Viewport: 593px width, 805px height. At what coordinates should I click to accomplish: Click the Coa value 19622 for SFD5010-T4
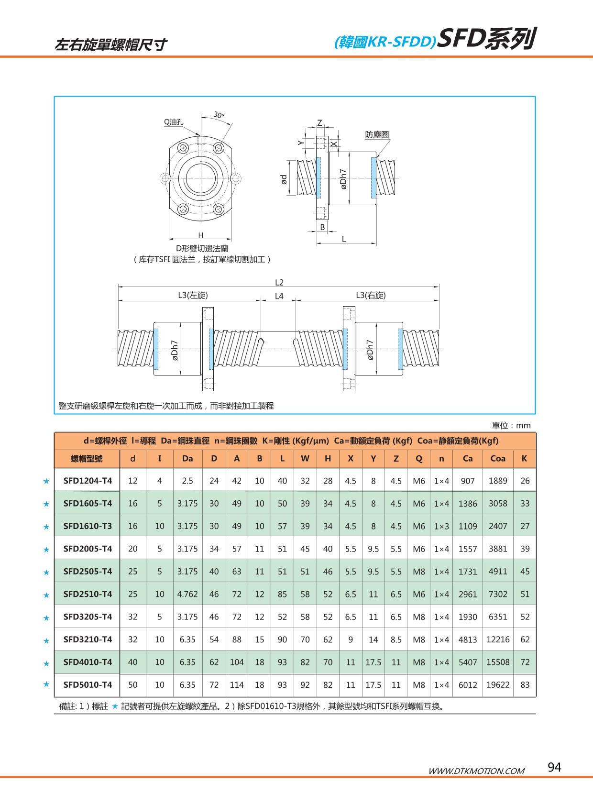[497, 685]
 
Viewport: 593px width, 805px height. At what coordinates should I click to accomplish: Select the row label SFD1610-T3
[88, 526]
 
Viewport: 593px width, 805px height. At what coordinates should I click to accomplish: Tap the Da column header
[187, 458]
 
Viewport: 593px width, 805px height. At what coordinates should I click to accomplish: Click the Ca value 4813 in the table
[467, 640]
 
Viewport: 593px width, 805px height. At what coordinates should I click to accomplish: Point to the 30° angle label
[219, 115]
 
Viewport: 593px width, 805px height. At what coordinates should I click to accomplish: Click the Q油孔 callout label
[174, 122]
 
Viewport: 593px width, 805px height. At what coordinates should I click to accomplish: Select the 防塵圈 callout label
[377, 135]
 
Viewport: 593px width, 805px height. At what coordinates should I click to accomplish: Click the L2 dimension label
[279, 283]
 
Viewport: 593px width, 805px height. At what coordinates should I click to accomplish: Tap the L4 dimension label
[279, 296]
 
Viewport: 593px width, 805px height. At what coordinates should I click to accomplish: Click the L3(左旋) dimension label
[193, 295]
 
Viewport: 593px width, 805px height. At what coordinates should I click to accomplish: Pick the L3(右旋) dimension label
[371, 295]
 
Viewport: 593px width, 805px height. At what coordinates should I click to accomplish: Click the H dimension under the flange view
[201, 235]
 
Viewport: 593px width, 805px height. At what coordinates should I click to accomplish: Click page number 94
[554, 767]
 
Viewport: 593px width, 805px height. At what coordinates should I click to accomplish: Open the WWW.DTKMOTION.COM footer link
[476, 771]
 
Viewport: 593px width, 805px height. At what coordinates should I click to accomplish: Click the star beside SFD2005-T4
[46, 550]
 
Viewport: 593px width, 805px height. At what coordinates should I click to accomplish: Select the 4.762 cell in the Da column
[187, 594]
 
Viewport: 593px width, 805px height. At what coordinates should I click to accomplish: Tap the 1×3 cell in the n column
[441, 526]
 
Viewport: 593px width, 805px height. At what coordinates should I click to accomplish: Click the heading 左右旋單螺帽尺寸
[111, 44]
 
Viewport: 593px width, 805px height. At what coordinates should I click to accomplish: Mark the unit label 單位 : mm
[511, 425]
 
